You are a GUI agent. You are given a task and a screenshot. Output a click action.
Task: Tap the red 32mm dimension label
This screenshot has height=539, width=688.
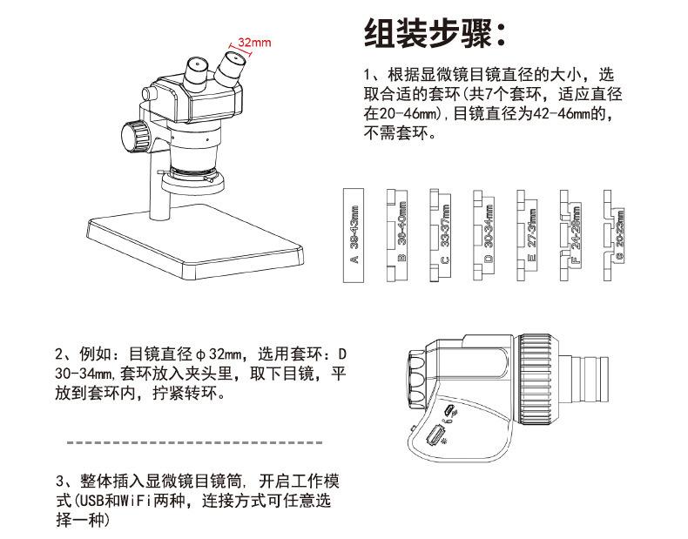(254, 41)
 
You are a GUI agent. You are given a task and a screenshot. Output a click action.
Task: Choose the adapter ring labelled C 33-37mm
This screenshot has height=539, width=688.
(442, 234)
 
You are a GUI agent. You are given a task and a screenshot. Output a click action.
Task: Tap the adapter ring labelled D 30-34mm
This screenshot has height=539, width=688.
(485, 234)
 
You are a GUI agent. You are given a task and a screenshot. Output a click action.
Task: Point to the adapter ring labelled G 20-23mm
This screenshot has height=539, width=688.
(617, 234)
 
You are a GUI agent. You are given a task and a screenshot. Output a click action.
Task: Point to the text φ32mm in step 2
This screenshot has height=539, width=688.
(218, 354)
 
